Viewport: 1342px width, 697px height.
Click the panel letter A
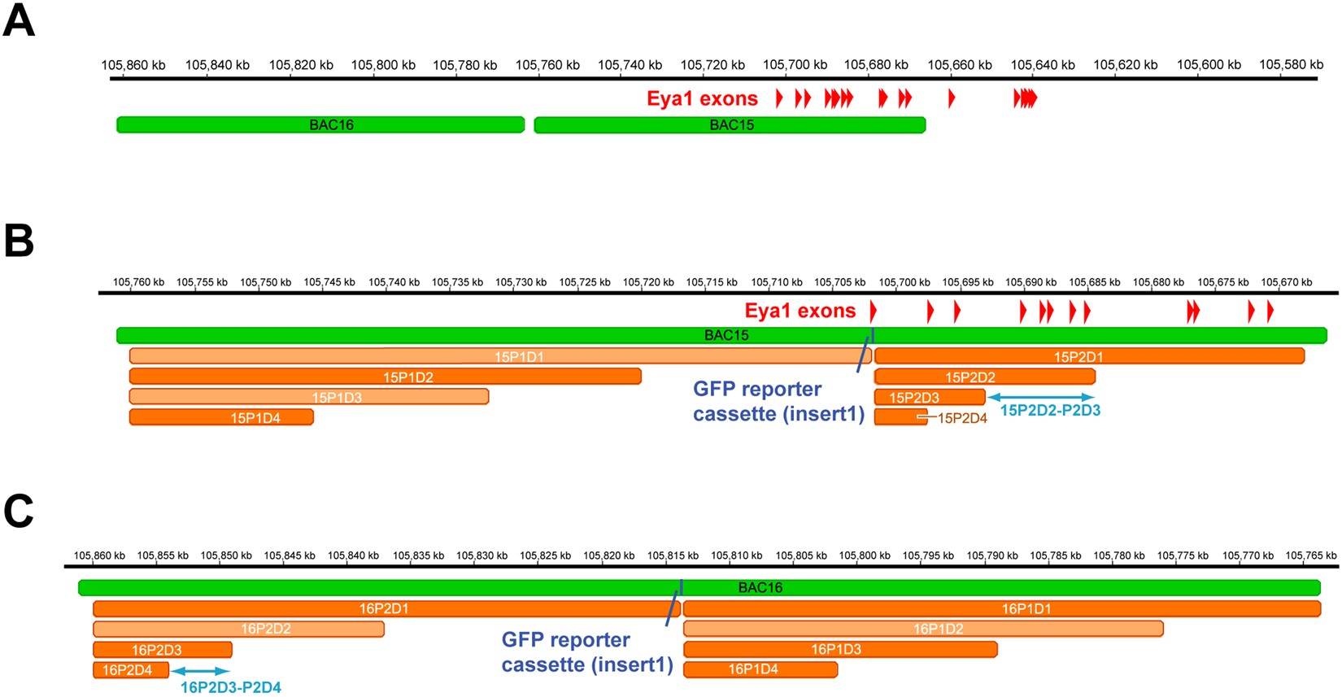pos(19,21)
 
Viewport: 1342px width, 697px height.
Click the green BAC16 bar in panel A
pos(320,124)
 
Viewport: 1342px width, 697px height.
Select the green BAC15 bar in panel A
pos(730,124)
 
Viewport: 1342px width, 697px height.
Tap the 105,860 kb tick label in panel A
pos(133,65)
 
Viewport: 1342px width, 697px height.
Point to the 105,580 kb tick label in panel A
pos(1291,65)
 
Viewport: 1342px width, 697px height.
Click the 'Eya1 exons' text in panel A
pos(702,99)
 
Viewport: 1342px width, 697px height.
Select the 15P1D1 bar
pos(500,356)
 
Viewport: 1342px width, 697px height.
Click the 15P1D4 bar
pos(221,417)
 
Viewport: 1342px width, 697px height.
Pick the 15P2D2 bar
pos(984,377)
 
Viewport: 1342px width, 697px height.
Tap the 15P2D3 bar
pos(929,397)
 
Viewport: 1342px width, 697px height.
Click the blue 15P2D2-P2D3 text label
pos(1049,411)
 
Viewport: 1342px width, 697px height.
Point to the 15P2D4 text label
pos(962,418)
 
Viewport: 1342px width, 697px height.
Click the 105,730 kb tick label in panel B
pos(521,282)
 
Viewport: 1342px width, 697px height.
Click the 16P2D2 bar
pos(238,629)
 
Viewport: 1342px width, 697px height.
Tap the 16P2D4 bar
pos(131,670)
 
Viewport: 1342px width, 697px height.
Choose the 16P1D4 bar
pos(760,669)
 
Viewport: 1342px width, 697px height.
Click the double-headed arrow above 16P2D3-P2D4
pos(200,671)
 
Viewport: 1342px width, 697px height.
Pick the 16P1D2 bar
pos(923,629)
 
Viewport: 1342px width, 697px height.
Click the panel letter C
pos(19,512)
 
